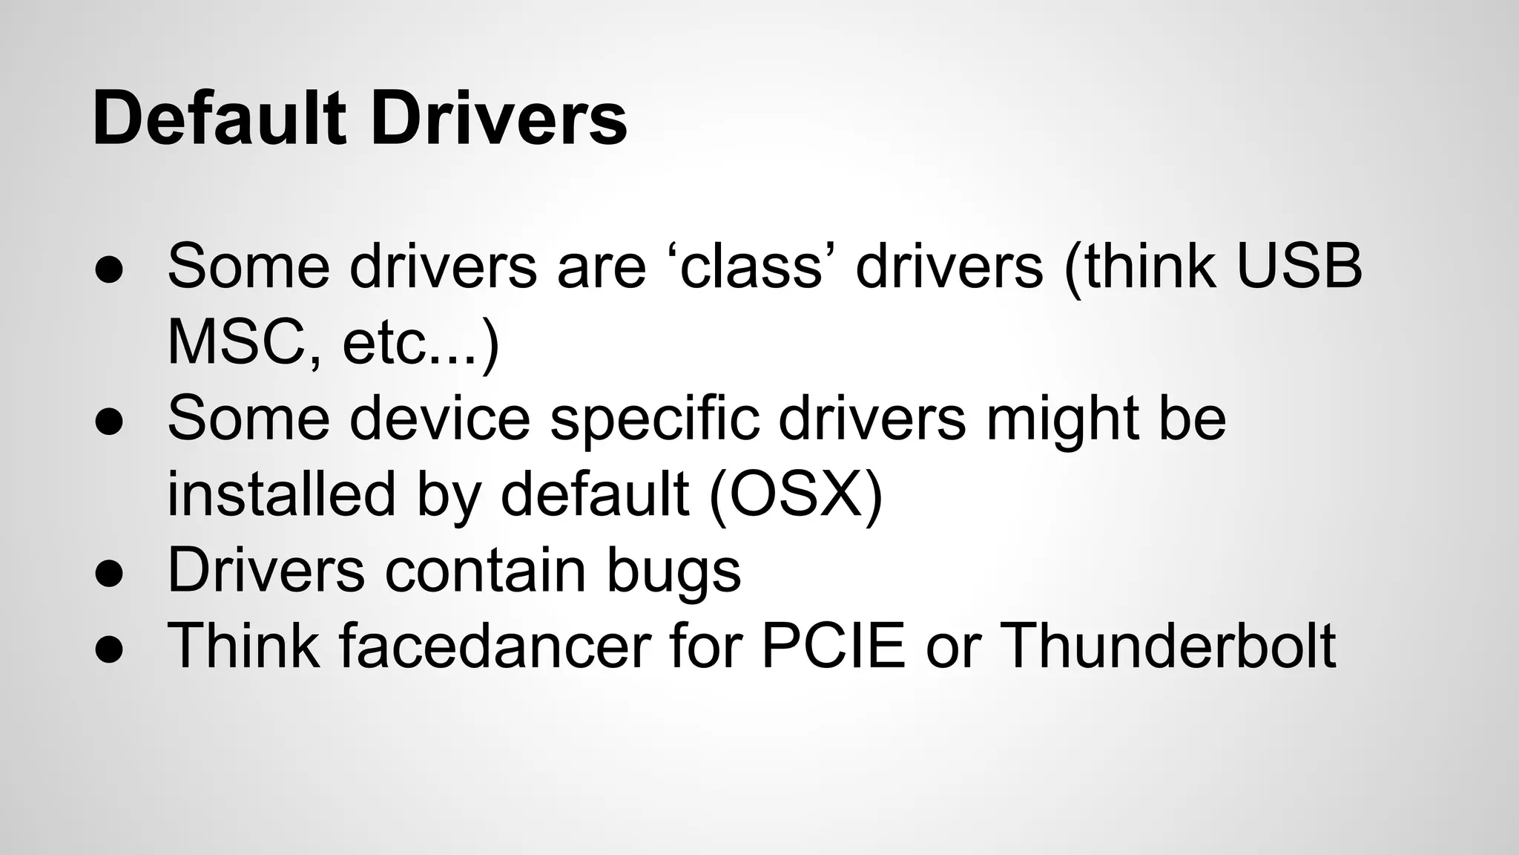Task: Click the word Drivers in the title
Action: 498,119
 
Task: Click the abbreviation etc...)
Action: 421,343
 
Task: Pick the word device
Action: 439,419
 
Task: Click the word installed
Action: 281,495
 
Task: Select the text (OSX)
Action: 796,495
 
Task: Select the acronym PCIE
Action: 833,646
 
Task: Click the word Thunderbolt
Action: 1167,646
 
